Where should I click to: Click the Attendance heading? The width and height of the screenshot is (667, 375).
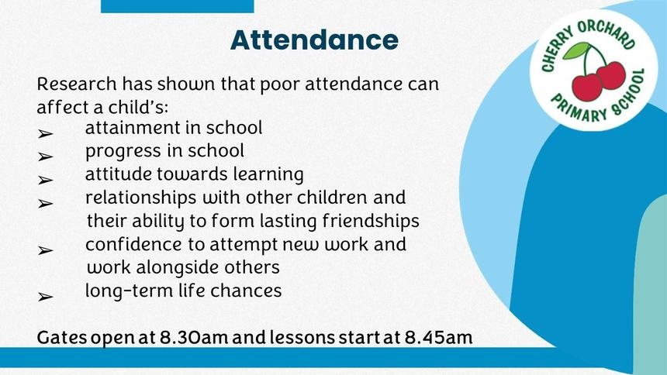click(314, 40)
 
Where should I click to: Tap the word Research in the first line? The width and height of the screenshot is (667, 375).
click(77, 84)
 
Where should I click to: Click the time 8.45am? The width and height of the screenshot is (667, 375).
click(438, 338)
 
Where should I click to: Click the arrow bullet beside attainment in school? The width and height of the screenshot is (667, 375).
click(45, 134)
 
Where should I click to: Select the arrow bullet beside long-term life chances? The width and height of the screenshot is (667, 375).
click(45, 297)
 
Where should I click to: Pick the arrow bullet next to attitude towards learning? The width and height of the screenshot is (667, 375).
click(45, 181)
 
